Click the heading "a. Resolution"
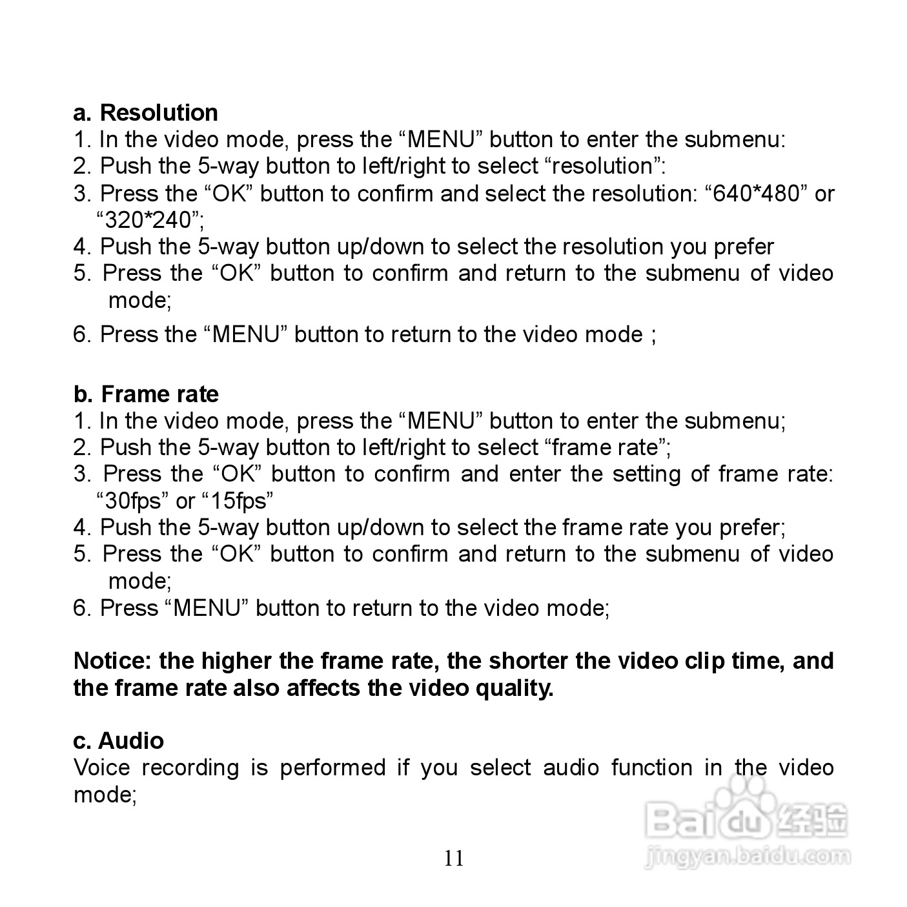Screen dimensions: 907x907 (145, 113)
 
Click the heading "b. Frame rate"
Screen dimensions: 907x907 (146, 394)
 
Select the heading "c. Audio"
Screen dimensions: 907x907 (118, 740)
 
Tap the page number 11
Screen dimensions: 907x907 (453, 859)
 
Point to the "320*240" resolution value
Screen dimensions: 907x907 (149, 221)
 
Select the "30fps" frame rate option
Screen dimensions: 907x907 (132, 501)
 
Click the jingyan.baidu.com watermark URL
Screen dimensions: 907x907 (748, 857)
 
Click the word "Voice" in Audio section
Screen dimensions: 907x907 (101, 768)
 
